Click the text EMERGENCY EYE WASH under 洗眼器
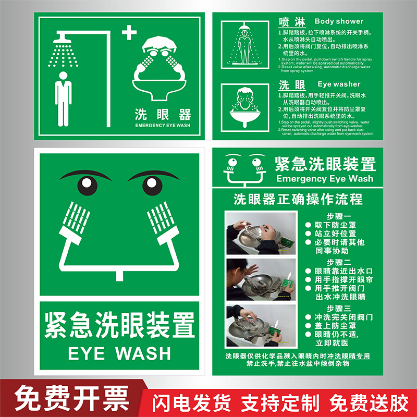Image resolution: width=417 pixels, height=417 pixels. (x=163, y=126)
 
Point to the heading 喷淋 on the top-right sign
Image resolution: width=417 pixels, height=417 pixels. (x=288, y=22)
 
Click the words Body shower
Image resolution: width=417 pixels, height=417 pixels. (x=339, y=21)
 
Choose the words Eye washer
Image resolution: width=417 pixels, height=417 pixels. (x=339, y=84)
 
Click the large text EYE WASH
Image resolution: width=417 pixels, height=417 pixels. (x=119, y=353)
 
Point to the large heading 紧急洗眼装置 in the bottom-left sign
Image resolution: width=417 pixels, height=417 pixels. (x=119, y=324)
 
